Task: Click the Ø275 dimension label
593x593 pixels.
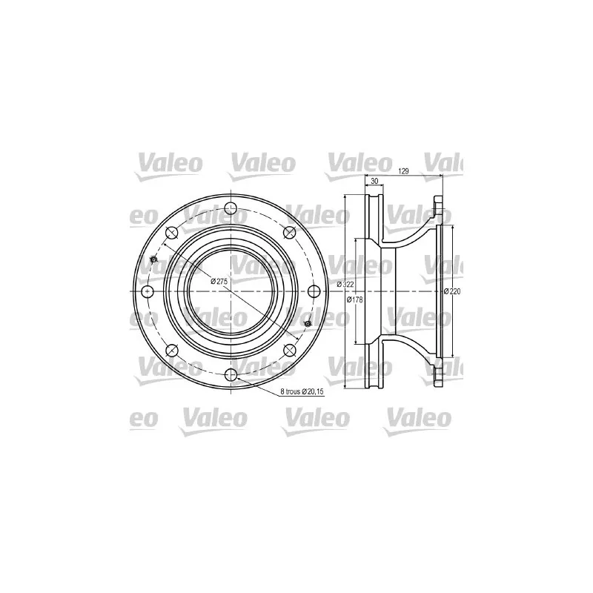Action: coord(219,281)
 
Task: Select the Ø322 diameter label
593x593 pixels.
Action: coord(345,285)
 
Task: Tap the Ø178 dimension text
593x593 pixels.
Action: coord(355,299)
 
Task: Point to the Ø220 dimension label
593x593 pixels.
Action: coord(452,291)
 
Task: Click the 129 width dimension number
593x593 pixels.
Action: coord(404,171)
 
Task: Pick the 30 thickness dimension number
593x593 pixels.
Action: coord(374,181)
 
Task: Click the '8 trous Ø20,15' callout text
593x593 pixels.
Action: coord(302,392)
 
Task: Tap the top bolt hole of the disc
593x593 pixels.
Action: coord(231,208)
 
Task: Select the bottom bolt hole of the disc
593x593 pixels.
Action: coord(231,375)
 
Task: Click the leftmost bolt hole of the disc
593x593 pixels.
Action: coord(147,291)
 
